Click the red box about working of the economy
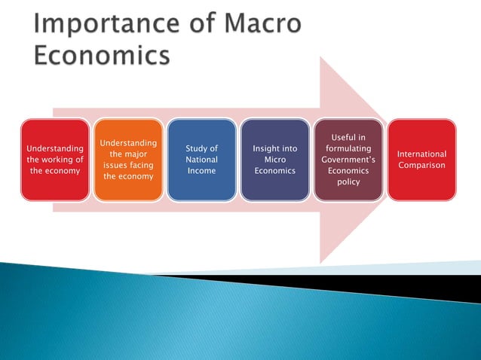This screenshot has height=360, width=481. pyautogui.click(x=54, y=160)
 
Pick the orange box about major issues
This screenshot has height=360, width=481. pyautogui.click(x=127, y=160)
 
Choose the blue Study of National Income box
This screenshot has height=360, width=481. pyautogui.click(x=201, y=160)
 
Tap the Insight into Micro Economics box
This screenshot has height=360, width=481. pyautogui.click(x=274, y=160)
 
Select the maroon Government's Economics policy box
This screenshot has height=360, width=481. pyautogui.click(x=348, y=160)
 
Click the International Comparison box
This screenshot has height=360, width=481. pyautogui.click(x=421, y=160)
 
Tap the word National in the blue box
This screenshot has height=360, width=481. pyautogui.click(x=201, y=160)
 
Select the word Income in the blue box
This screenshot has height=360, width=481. pyautogui.click(x=201, y=171)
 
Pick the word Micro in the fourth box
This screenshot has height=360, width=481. pyautogui.click(x=274, y=160)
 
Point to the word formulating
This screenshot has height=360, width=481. pyautogui.click(x=348, y=149)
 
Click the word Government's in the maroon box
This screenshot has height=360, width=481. pyautogui.click(x=348, y=160)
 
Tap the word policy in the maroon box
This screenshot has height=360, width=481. pyautogui.click(x=348, y=182)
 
